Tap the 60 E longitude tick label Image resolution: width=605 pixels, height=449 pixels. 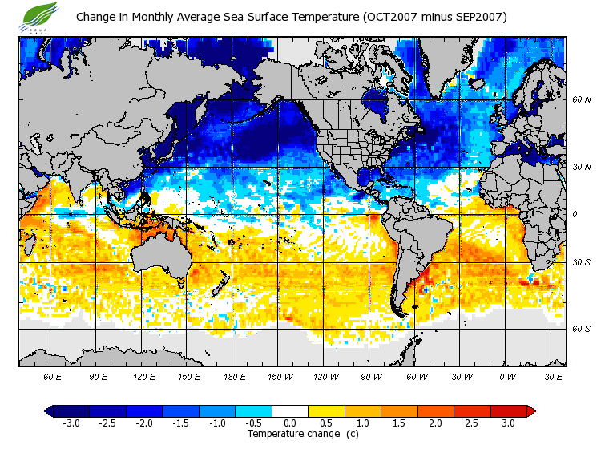52,375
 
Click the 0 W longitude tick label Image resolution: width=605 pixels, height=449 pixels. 507,375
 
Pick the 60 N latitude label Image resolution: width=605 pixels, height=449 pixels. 581,99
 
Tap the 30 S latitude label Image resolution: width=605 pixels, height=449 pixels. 581,263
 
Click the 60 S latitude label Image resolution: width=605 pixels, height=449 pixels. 581,329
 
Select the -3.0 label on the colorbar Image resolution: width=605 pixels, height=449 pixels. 71,423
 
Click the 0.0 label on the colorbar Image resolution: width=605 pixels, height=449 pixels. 289,423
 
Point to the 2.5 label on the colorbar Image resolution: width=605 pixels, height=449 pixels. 471,423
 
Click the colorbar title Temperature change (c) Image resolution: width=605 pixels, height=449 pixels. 290,434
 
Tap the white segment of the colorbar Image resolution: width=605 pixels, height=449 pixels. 289,411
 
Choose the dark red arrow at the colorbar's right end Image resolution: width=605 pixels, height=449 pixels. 530,411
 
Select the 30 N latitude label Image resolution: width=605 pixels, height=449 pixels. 581,166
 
